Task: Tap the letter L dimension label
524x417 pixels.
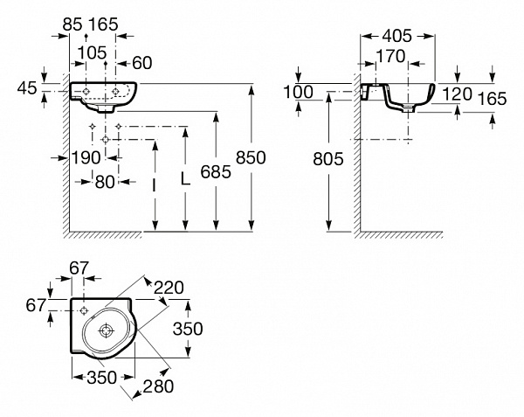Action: [x=184, y=178]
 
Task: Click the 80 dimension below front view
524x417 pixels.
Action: [x=105, y=181]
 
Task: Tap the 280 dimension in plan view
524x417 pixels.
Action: [x=158, y=385]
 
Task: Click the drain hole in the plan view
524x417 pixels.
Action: [x=106, y=330]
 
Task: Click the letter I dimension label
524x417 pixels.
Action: [x=154, y=184]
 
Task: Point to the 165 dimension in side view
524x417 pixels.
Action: [x=493, y=99]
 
